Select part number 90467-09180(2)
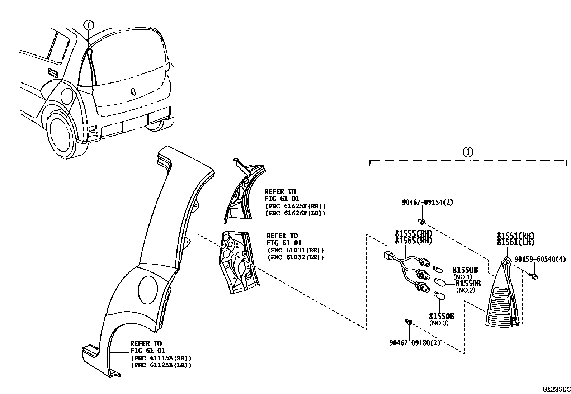coord(414,342)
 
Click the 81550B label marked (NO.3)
coord(442,316)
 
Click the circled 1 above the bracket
coord(468,152)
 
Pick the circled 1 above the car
coord(89,25)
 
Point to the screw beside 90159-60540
coord(534,276)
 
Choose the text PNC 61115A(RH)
coord(161,358)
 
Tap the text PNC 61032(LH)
coord(296,257)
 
